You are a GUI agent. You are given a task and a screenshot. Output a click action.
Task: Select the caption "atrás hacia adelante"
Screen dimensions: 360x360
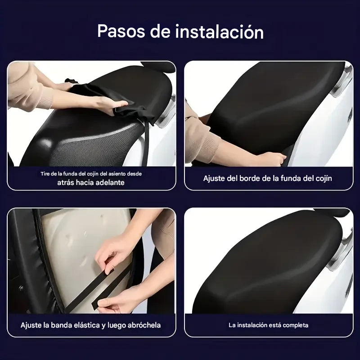pyautogui.click(x=91, y=182)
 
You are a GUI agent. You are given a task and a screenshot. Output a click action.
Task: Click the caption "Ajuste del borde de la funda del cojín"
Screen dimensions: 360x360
pyautogui.click(x=267, y=178)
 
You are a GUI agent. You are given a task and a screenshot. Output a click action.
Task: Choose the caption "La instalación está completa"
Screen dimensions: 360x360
pyautogui.click(x=268, y=325)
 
